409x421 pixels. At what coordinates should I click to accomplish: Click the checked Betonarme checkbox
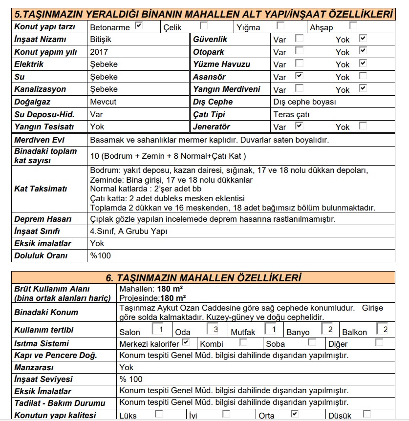139,25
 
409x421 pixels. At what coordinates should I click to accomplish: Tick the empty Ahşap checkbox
353,25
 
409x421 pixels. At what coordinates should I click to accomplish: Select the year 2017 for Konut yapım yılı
99,52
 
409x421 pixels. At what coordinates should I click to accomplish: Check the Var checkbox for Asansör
299,75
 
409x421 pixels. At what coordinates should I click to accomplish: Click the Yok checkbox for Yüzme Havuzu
363,63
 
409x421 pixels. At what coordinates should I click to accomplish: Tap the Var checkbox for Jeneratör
299,125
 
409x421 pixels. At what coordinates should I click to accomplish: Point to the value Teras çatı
291,115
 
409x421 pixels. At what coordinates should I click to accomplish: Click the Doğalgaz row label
33,102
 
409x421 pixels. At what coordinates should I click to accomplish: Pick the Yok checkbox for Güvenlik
363,38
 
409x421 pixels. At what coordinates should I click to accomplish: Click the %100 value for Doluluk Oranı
101,255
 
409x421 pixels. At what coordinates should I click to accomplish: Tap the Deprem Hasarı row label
43,219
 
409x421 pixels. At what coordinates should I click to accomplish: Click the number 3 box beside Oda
216,329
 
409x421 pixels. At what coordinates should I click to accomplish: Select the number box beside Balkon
382,329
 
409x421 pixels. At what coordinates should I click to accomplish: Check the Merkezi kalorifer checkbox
186,342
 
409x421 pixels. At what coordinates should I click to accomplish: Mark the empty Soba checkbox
312,342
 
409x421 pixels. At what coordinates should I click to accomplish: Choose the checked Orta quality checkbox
294,414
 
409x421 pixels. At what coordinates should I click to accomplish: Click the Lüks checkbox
159,414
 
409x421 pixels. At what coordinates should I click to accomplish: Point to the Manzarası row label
34,367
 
